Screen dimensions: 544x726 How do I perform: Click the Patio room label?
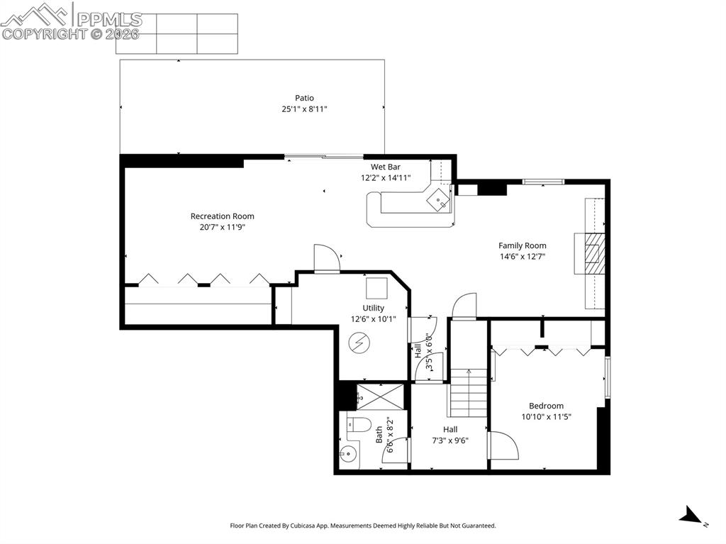coord(304,98)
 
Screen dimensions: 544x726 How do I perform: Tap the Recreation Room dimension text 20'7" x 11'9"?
coord(222,227)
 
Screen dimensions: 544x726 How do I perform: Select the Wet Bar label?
coord(386,167)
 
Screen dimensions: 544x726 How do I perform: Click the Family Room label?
coord(522,246)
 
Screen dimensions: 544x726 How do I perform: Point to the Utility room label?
coord(374,308)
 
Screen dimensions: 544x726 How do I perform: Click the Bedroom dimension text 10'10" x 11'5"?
coord(546,417)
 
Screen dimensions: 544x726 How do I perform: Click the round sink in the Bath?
coord(348,455)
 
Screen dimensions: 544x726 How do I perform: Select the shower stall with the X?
coord(380,396)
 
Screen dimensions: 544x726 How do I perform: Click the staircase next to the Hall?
coord(468,394)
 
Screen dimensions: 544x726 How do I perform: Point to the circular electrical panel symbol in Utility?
coord(359,343)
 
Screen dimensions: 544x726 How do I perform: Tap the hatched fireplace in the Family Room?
coord(594,254)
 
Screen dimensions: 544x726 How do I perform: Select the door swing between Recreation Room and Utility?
coord(327,258)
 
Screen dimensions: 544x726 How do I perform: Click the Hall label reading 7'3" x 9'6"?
coord(450,440)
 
